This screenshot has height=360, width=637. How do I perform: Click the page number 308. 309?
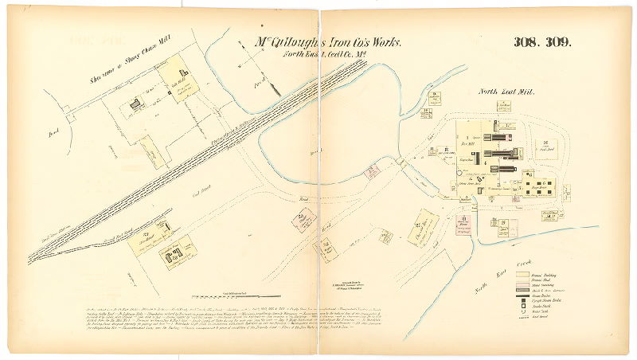pos(541,43)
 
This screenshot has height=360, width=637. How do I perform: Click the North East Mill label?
pos(506,92)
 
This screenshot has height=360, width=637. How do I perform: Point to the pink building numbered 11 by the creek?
pos(371,171)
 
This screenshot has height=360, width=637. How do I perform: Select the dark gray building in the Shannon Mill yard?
pos(135,103)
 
